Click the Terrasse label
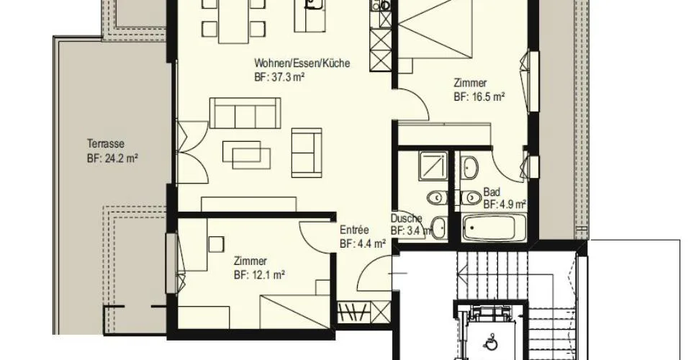[x=106, y=144]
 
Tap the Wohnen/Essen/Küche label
[x=302, y=63]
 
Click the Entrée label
[x=354, y=230]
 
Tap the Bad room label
[x=492, y=192]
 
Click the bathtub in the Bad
[x=494, y=228]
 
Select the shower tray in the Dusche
[x=433, y=165]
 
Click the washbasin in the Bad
[x=470, y=168]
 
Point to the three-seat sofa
[x=245, y=113]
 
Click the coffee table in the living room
[x=246, y=155]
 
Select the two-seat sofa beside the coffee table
[x=307, y=152]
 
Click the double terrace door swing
[x=192, y=150]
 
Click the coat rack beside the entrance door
[x=354, y=312]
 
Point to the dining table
[x=234, y=22]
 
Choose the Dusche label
[x=406, y=218]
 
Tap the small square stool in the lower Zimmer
[x=216, y=243]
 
